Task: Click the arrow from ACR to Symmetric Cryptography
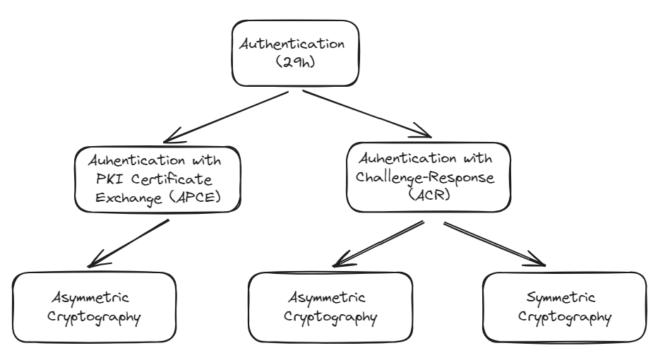(495, 243)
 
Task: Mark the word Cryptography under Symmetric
(564, 316)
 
